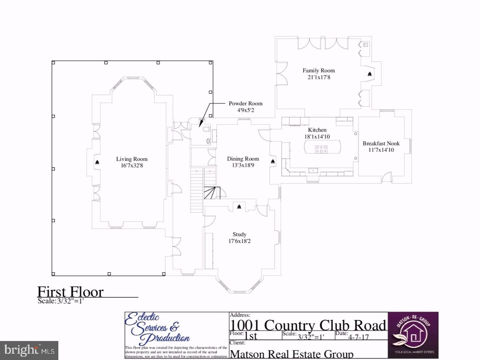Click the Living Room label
(x=132, y=159)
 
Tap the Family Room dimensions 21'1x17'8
(x=319, y=77)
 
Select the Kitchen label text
(x=317, y=130)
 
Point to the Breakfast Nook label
(x=381, y=144)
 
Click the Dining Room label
(x=243, y=159)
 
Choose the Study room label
(x=239, y=235)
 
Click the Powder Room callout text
(x=245, y=104)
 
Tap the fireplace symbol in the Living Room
(x=97, y=162)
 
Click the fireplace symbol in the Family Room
(x=370, y=74)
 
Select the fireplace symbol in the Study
(x=239, y=207)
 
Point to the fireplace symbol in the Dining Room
(x=273, y=161)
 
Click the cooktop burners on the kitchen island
(x=321, y=149)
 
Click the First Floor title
(x=70, y=292)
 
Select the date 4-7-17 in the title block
(x=358, y=337)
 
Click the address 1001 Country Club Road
(x=308, y=325)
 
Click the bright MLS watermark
(x=29, y=350)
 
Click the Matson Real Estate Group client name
(x=292, y=354)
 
